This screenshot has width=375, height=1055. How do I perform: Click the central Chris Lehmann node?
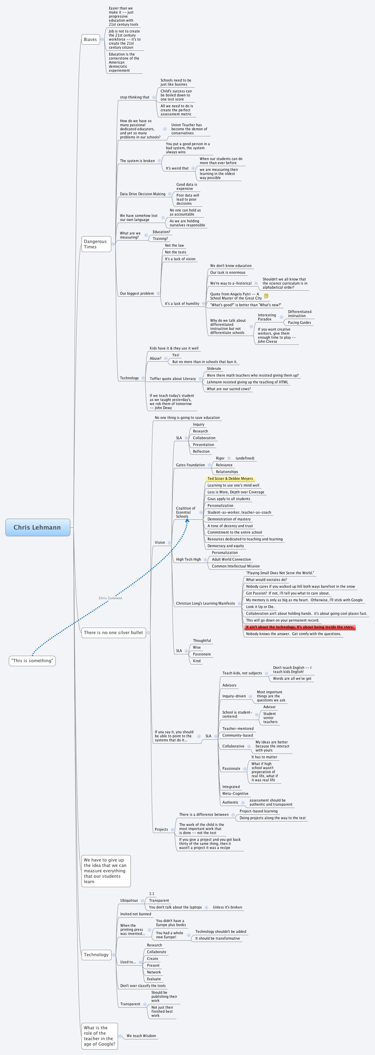click(38, 527)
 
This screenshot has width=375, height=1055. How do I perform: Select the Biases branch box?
click(91, 40)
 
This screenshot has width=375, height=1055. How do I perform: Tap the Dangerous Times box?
click(96, 244)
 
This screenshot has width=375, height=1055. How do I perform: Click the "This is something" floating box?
click(32, 660)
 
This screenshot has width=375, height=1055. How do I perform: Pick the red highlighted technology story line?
click(300, 627)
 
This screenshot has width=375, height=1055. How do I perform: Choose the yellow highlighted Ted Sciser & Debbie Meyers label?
click(230, 478)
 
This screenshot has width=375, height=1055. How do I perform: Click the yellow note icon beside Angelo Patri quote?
click(266, 296)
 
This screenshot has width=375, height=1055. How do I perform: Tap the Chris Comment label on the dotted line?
click(110, 598)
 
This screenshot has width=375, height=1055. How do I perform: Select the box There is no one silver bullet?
click(113, 632)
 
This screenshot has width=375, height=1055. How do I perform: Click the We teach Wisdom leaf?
click(141, 1036)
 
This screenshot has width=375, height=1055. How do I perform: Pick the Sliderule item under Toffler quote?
click(214, 368)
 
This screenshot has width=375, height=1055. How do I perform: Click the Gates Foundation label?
click(190, 465)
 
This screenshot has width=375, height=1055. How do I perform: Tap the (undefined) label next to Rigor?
click(245, 458)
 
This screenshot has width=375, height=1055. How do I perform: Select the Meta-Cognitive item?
click(235, 793)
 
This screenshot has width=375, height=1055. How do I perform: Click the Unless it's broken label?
click(227, 907)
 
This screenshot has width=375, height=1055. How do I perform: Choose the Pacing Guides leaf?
click(299, 322)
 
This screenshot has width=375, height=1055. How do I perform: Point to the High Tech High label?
click(188, 559)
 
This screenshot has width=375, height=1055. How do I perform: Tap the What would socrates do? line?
click(266, 580)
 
